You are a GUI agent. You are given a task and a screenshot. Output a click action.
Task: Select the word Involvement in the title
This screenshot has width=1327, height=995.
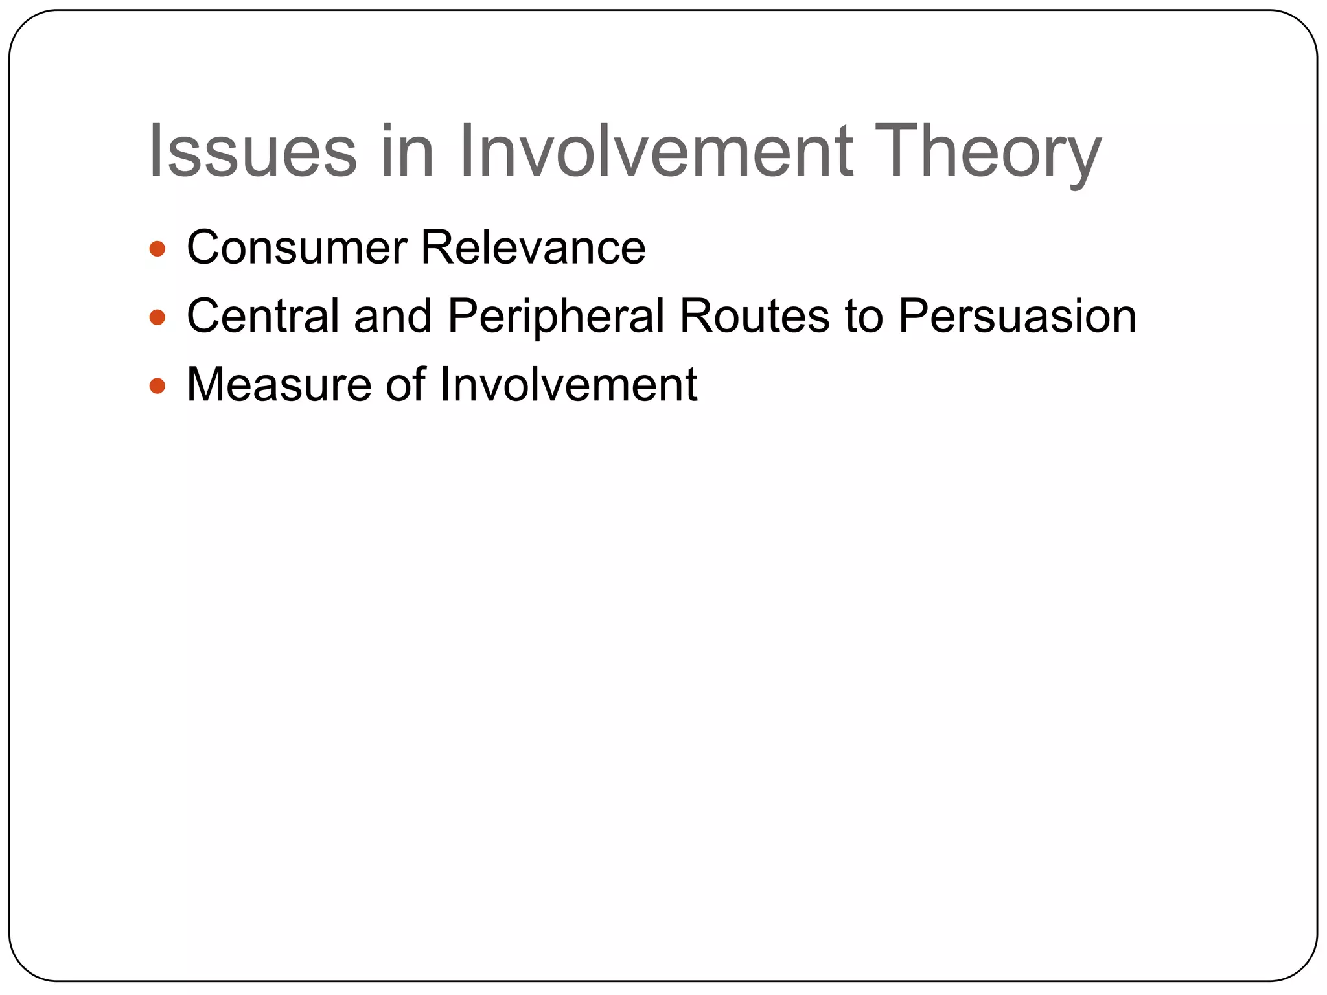coord(656,152)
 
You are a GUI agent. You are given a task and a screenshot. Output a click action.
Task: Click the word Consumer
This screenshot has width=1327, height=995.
coord(297,248)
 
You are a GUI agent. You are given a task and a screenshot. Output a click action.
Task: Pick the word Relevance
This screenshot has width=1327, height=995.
coord(533,248)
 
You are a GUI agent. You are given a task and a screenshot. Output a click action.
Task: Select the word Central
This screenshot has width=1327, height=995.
coord(262,316)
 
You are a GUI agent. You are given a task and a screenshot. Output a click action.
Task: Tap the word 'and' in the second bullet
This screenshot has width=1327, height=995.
coord(393,316)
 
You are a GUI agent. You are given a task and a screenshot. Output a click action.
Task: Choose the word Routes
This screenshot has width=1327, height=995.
coord(754,316)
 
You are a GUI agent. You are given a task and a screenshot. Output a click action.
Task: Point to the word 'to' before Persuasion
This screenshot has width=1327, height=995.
coord(864,316)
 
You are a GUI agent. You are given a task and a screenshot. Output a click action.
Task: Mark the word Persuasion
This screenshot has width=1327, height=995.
coord(1017,316)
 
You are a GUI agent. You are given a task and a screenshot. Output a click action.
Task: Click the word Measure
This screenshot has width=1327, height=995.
coord(279,385)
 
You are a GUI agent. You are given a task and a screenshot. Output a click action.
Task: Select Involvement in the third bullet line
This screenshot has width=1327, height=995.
coord(568,385)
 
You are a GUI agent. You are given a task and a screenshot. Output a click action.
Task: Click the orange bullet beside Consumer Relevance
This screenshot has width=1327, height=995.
coord(157,249)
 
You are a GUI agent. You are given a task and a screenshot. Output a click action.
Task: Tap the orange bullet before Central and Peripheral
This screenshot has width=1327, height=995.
coord(157,317)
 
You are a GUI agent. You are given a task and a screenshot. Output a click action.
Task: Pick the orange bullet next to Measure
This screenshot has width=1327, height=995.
coord(157,386)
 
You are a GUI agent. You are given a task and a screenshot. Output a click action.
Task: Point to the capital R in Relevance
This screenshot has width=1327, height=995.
coord(436,248)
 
